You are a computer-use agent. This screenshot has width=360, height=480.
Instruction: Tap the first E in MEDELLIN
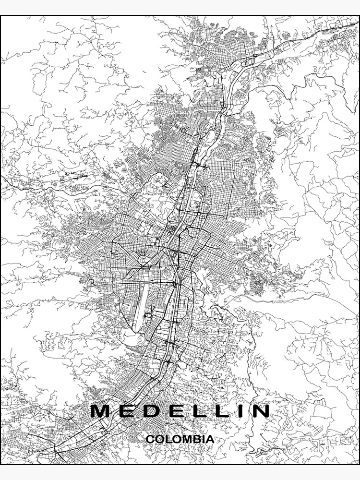[x=126, y=411]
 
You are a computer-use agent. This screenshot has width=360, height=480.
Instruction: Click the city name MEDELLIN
[x=180, y=411]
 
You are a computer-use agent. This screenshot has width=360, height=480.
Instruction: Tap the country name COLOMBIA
[x=180, y=439]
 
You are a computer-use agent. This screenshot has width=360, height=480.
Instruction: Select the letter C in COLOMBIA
[x=150, y=439]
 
